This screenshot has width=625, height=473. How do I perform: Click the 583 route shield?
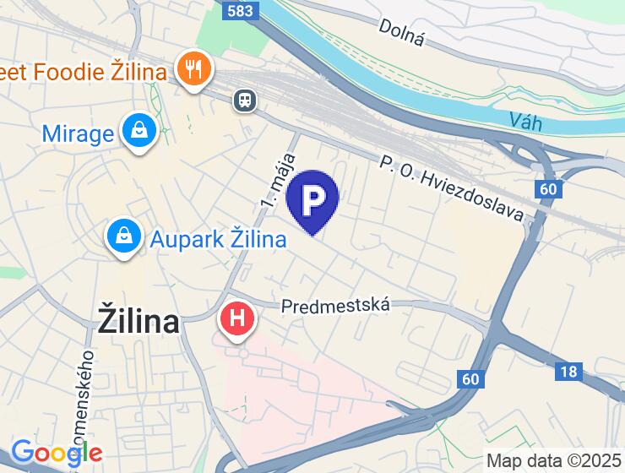pos(240,10)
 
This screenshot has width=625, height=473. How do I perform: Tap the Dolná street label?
pos(401,33)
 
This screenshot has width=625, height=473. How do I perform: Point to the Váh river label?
pos(526,121)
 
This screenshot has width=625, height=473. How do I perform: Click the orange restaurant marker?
pos(194,69)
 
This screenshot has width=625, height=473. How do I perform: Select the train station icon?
pos(246,100)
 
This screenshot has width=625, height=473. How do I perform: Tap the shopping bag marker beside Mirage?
pos(137,132)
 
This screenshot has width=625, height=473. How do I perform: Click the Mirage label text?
pos(78,133)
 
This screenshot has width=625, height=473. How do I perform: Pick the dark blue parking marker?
pos(312,199)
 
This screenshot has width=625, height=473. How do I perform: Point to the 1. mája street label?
pos(279,180)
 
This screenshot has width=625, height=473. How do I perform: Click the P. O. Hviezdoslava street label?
pos(452,188)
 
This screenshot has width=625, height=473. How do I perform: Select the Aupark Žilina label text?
pos(218,239)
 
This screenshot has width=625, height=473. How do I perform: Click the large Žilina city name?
pos(139,321)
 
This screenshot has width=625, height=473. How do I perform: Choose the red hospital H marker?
pos(237,319)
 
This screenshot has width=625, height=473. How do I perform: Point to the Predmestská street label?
pos(336,304)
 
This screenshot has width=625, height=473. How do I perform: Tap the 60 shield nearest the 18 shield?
pos(471,379)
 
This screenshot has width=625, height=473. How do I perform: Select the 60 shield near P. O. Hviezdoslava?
pos(548,188)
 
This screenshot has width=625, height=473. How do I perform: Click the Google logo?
pos(56,454)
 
